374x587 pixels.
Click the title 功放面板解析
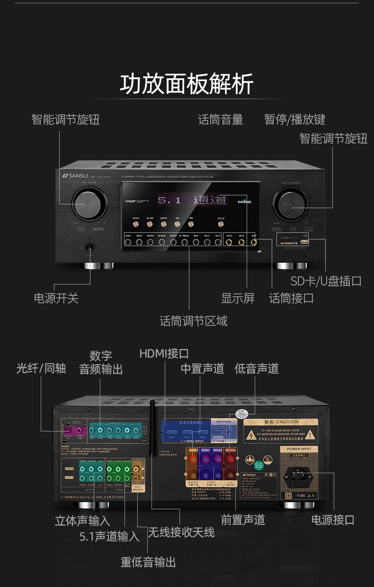point(187,84)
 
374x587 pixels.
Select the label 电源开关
point(56,298)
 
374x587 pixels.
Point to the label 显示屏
point(238,298)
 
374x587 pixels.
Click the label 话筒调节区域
point(193,321)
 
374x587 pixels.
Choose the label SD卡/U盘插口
point(326,281)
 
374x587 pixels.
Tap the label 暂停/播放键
point(294,119)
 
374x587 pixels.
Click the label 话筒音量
point(220,119)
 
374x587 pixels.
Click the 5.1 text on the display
point(169,201)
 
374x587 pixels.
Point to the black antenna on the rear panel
point(152,427)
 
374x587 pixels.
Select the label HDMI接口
point(164,354)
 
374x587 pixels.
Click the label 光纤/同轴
point(41,368)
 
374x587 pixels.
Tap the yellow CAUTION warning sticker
point(281,431)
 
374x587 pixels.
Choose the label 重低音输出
point(148,562)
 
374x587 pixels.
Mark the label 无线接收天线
point(181,532)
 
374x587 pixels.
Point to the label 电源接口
point(332,520)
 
